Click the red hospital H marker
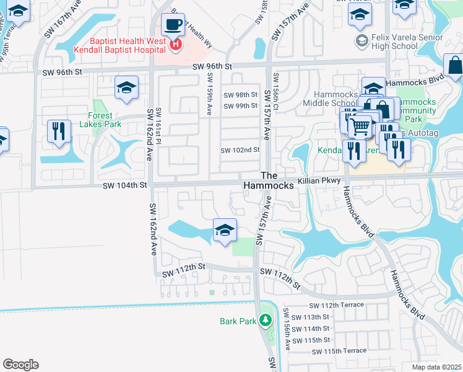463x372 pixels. pos(176,44)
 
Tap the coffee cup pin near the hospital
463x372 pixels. pos(172,26)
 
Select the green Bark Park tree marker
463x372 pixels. pos(266,321)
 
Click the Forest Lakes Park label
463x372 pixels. pos(96,120)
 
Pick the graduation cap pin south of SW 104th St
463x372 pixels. pos(225,231)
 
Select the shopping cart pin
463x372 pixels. pos(359,127)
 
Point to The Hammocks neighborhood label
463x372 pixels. pos(267,180)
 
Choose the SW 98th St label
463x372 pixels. pos(240,95)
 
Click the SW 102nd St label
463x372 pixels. pos(240,150)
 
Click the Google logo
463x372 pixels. pos(20,365)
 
